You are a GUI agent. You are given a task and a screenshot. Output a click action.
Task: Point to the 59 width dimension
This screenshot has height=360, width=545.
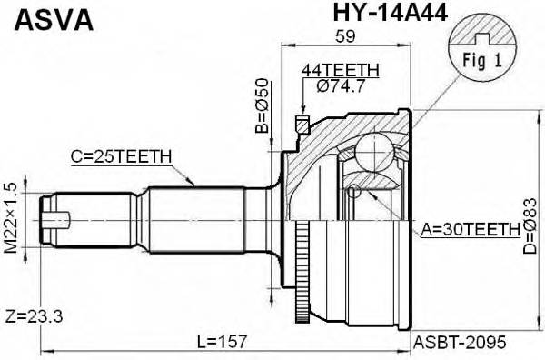(x=345, y=37)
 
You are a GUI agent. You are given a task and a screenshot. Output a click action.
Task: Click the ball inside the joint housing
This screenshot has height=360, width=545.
(x=373, y=148)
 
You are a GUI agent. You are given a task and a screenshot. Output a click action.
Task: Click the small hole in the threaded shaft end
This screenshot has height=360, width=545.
(x=60, y=219)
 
